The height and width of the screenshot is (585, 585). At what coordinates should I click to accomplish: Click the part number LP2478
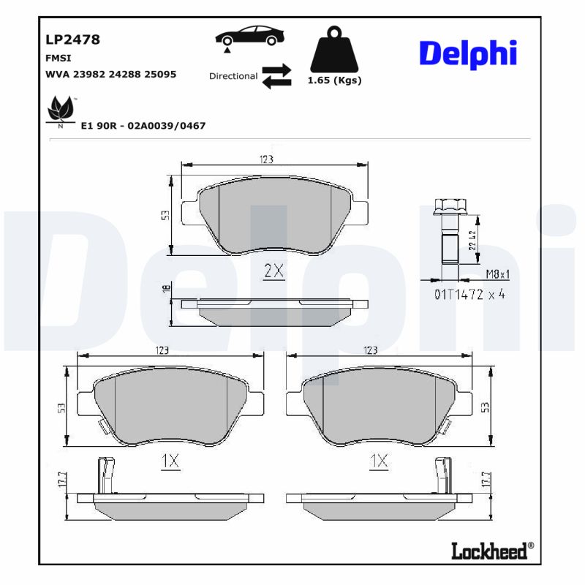pos(73,39)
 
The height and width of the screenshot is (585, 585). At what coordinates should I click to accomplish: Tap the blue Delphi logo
pos(468,53)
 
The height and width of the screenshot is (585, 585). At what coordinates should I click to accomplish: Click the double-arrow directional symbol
pos(276,76)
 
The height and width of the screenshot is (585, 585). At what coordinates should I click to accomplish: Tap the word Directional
pos(233,76)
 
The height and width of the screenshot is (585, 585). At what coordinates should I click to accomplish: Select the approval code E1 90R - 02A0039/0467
pos(143,126)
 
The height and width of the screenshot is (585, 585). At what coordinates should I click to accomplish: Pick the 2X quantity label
pos(273,271)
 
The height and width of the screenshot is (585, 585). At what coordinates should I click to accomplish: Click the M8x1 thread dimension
pos(498,274)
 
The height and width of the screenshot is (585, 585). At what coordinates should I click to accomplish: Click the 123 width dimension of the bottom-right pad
pos(370,350)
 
